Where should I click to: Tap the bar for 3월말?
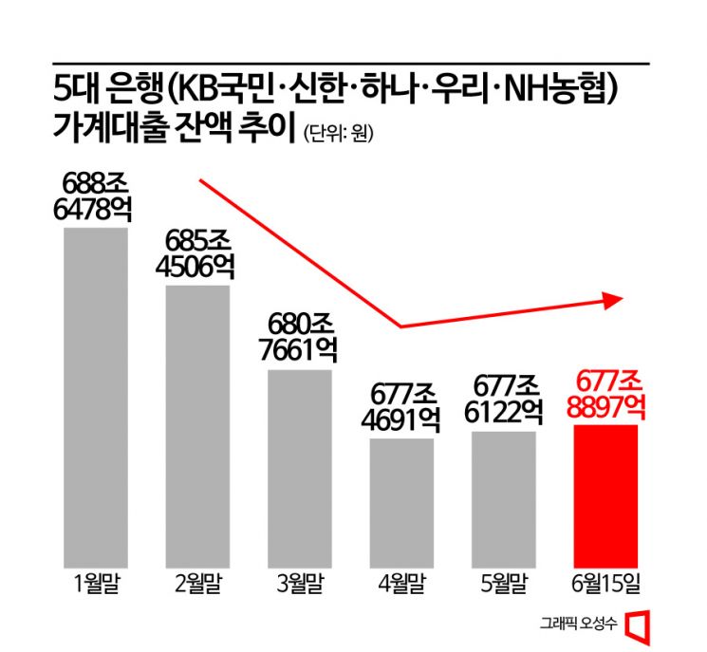300,466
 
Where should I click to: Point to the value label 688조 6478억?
94,196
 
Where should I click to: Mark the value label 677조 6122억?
504,400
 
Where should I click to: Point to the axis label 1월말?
95,581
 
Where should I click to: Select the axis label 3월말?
300,581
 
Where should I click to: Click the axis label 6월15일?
605,581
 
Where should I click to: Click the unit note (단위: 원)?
339,134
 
